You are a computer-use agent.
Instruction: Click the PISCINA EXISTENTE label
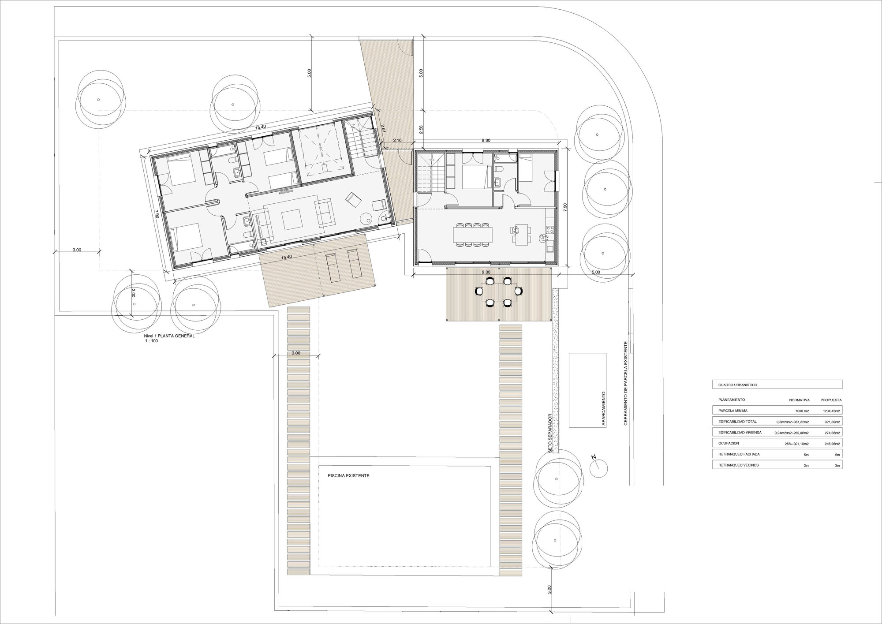348,476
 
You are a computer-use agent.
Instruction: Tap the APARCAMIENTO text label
603,408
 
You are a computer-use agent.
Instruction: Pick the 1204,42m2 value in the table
830,411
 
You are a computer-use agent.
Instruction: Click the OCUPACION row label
729,443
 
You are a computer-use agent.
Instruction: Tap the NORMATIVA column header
799,400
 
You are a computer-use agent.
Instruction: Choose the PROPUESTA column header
831,400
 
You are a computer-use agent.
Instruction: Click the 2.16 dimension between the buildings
397,140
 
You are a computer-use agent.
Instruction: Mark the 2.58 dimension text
421,130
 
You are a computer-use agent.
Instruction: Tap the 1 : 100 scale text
151,341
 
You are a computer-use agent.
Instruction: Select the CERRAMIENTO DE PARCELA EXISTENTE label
625,389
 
